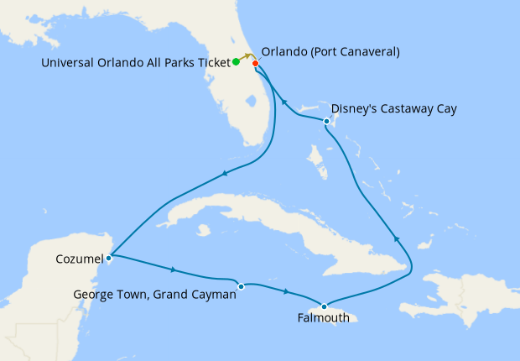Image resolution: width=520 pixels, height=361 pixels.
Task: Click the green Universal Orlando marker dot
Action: [x=236, y=61]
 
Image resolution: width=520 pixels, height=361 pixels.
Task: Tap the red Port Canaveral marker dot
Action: [x=256, y=63]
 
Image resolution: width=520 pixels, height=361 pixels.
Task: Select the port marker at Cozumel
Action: [x=110, y=257]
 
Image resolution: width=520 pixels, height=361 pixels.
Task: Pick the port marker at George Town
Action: [x=241, y=286]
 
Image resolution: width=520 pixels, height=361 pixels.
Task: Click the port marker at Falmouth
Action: [x=325, y=306]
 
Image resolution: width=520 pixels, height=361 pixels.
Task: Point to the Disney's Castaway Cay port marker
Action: [x=326, y=123]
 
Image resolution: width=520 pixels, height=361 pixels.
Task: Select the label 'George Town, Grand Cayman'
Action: [x=154, y=294]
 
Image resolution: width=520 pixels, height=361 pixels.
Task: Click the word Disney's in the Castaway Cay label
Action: [x=357, y=109]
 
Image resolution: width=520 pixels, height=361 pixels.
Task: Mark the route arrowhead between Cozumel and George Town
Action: [x=173, y=270]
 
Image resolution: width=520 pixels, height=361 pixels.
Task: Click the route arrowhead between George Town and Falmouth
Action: [x=287, y=291]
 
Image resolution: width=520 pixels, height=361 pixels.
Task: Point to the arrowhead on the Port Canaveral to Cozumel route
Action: [x=224, y=174]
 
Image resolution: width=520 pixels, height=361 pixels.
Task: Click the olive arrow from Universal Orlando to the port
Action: [x=249, y=57]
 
